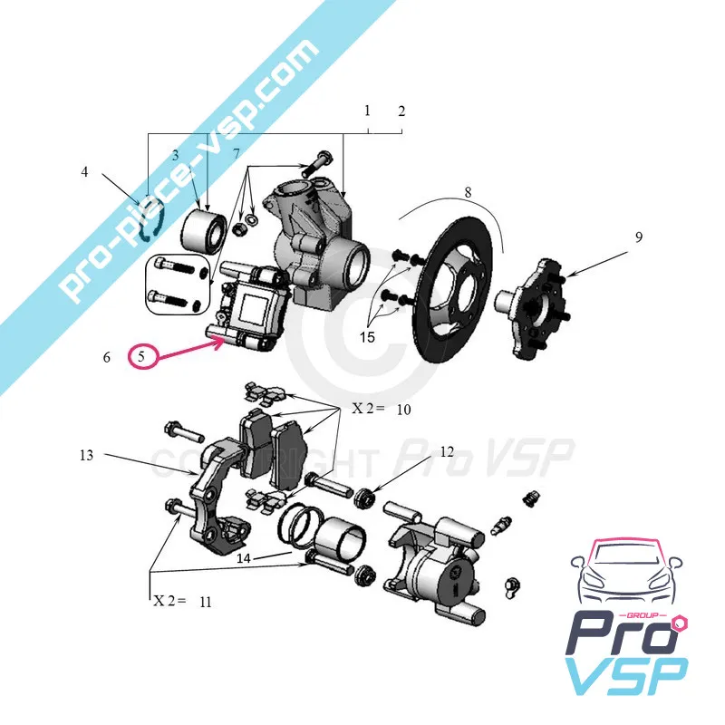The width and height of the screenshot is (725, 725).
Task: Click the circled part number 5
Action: [x=142, y=356]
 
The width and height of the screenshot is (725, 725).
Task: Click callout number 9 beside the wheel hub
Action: [x=638, y=237]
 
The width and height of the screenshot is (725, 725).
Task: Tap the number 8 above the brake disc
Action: [x=468, y=192]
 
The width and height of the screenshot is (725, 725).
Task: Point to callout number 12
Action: [x=447, y=451]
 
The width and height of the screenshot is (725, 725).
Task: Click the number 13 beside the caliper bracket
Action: [x=86, y=456]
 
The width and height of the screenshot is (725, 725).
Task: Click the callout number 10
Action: [x=403, y=410]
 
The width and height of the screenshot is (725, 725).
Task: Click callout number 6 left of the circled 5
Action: [x=106, y=358]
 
